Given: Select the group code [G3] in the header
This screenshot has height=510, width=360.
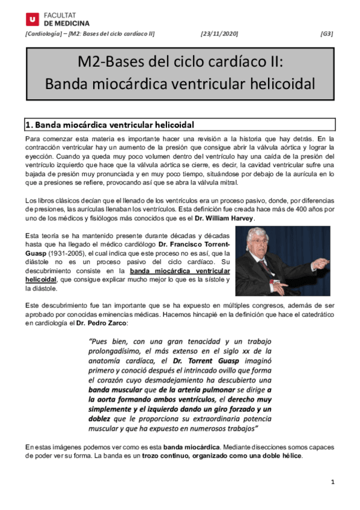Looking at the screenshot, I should (x=328, y=34).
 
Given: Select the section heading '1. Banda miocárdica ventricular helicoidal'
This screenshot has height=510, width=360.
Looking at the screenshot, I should (x=109, y=125).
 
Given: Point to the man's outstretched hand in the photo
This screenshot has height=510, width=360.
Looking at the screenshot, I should (x=322, y=263).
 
